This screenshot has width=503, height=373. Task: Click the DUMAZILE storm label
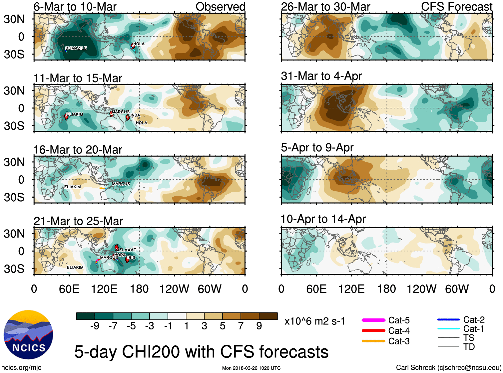tap(76, 48)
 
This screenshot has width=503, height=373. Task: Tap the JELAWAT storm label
tap(127, 250)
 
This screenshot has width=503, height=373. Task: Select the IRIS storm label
tap(132, 257)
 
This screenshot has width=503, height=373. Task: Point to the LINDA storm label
tap(134, 115)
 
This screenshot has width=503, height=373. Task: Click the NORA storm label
tap(120, 255)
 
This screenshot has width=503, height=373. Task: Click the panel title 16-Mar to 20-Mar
tap(78, 150)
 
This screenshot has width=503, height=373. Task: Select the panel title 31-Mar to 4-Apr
tap(321, 76)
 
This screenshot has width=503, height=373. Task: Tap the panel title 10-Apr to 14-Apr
tap(323, 219)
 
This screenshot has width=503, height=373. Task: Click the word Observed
tap(220, 6)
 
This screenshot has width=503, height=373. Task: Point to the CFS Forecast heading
tap(456, 6)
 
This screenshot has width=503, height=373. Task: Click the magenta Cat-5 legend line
tap(373, 320)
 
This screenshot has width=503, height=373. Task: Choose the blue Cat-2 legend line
tap(448, 319)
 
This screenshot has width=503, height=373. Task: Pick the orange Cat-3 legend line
tap(373, 341)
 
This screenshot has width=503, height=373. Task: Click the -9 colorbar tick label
tap(95, 326)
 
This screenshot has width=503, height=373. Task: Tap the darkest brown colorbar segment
tap(268, 316)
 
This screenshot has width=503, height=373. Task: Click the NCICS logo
tap(28, 335)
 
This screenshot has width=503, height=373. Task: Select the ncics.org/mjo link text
tap(21, 368)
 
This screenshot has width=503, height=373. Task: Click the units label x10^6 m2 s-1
tap(314, 321)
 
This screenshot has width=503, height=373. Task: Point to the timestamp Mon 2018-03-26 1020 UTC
tap(251, 368)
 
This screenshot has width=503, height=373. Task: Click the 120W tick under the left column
tap(174, 289)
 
